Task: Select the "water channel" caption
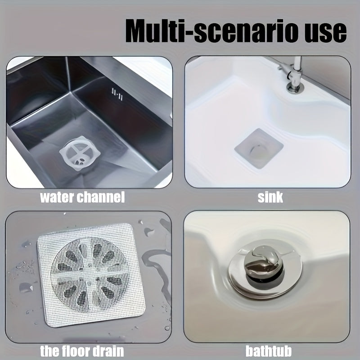click(x=82, y=197)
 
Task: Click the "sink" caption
click(x=270, y=197)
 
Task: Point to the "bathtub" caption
click(x=269, y=351)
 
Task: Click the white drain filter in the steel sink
click(x=80, y=153)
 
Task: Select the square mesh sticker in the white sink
click(x=259, y=148)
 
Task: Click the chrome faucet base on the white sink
click(x=295, y=87)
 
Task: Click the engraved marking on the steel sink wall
click(x=117, y=94)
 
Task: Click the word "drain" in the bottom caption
click(x=110, y=351)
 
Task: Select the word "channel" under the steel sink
click(x=101, y=197)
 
